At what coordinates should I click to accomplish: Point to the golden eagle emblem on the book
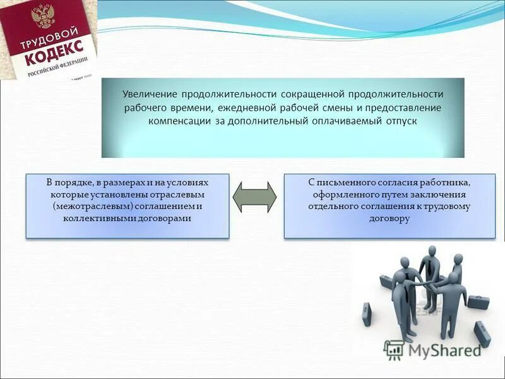(x=44, y=14)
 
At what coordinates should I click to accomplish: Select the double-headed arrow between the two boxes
(x=255, y=196)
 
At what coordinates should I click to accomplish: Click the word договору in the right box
(x=389, y=218)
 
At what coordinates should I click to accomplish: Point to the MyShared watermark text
(x=443, y=350)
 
